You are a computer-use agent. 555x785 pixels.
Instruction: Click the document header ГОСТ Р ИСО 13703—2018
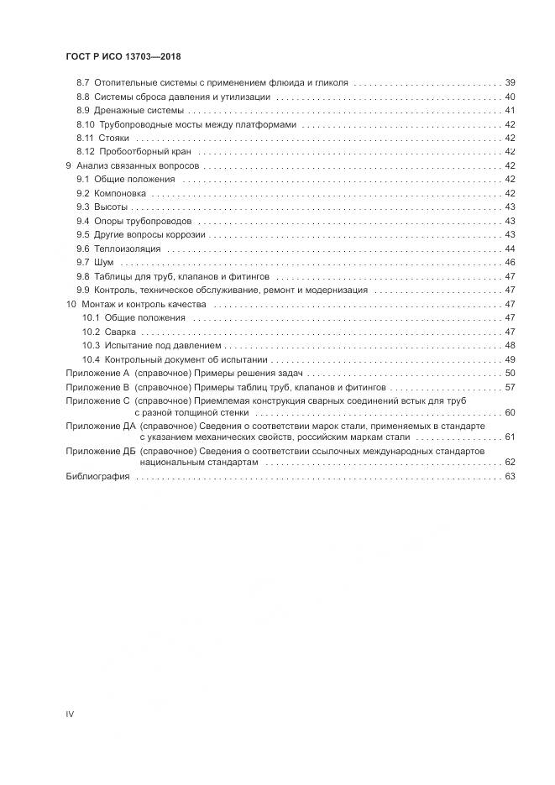(123, 56)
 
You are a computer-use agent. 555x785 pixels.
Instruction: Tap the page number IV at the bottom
(70, 714)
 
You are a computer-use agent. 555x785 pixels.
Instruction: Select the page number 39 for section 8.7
(510, 83)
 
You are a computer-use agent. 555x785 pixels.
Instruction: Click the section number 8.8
(82, 97)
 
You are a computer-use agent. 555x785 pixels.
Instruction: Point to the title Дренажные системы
(139, 111)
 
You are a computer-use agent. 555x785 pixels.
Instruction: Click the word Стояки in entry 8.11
(114, 138)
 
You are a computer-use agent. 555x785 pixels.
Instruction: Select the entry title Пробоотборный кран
(144, 152)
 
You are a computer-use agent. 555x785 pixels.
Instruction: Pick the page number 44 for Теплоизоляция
(510, 249)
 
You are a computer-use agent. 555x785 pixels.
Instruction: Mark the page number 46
(510, 263)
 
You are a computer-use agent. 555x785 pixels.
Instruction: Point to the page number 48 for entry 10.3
(510, 345)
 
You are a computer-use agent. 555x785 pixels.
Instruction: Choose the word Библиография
(97, 476)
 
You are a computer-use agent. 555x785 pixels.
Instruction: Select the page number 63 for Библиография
(510, 476)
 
